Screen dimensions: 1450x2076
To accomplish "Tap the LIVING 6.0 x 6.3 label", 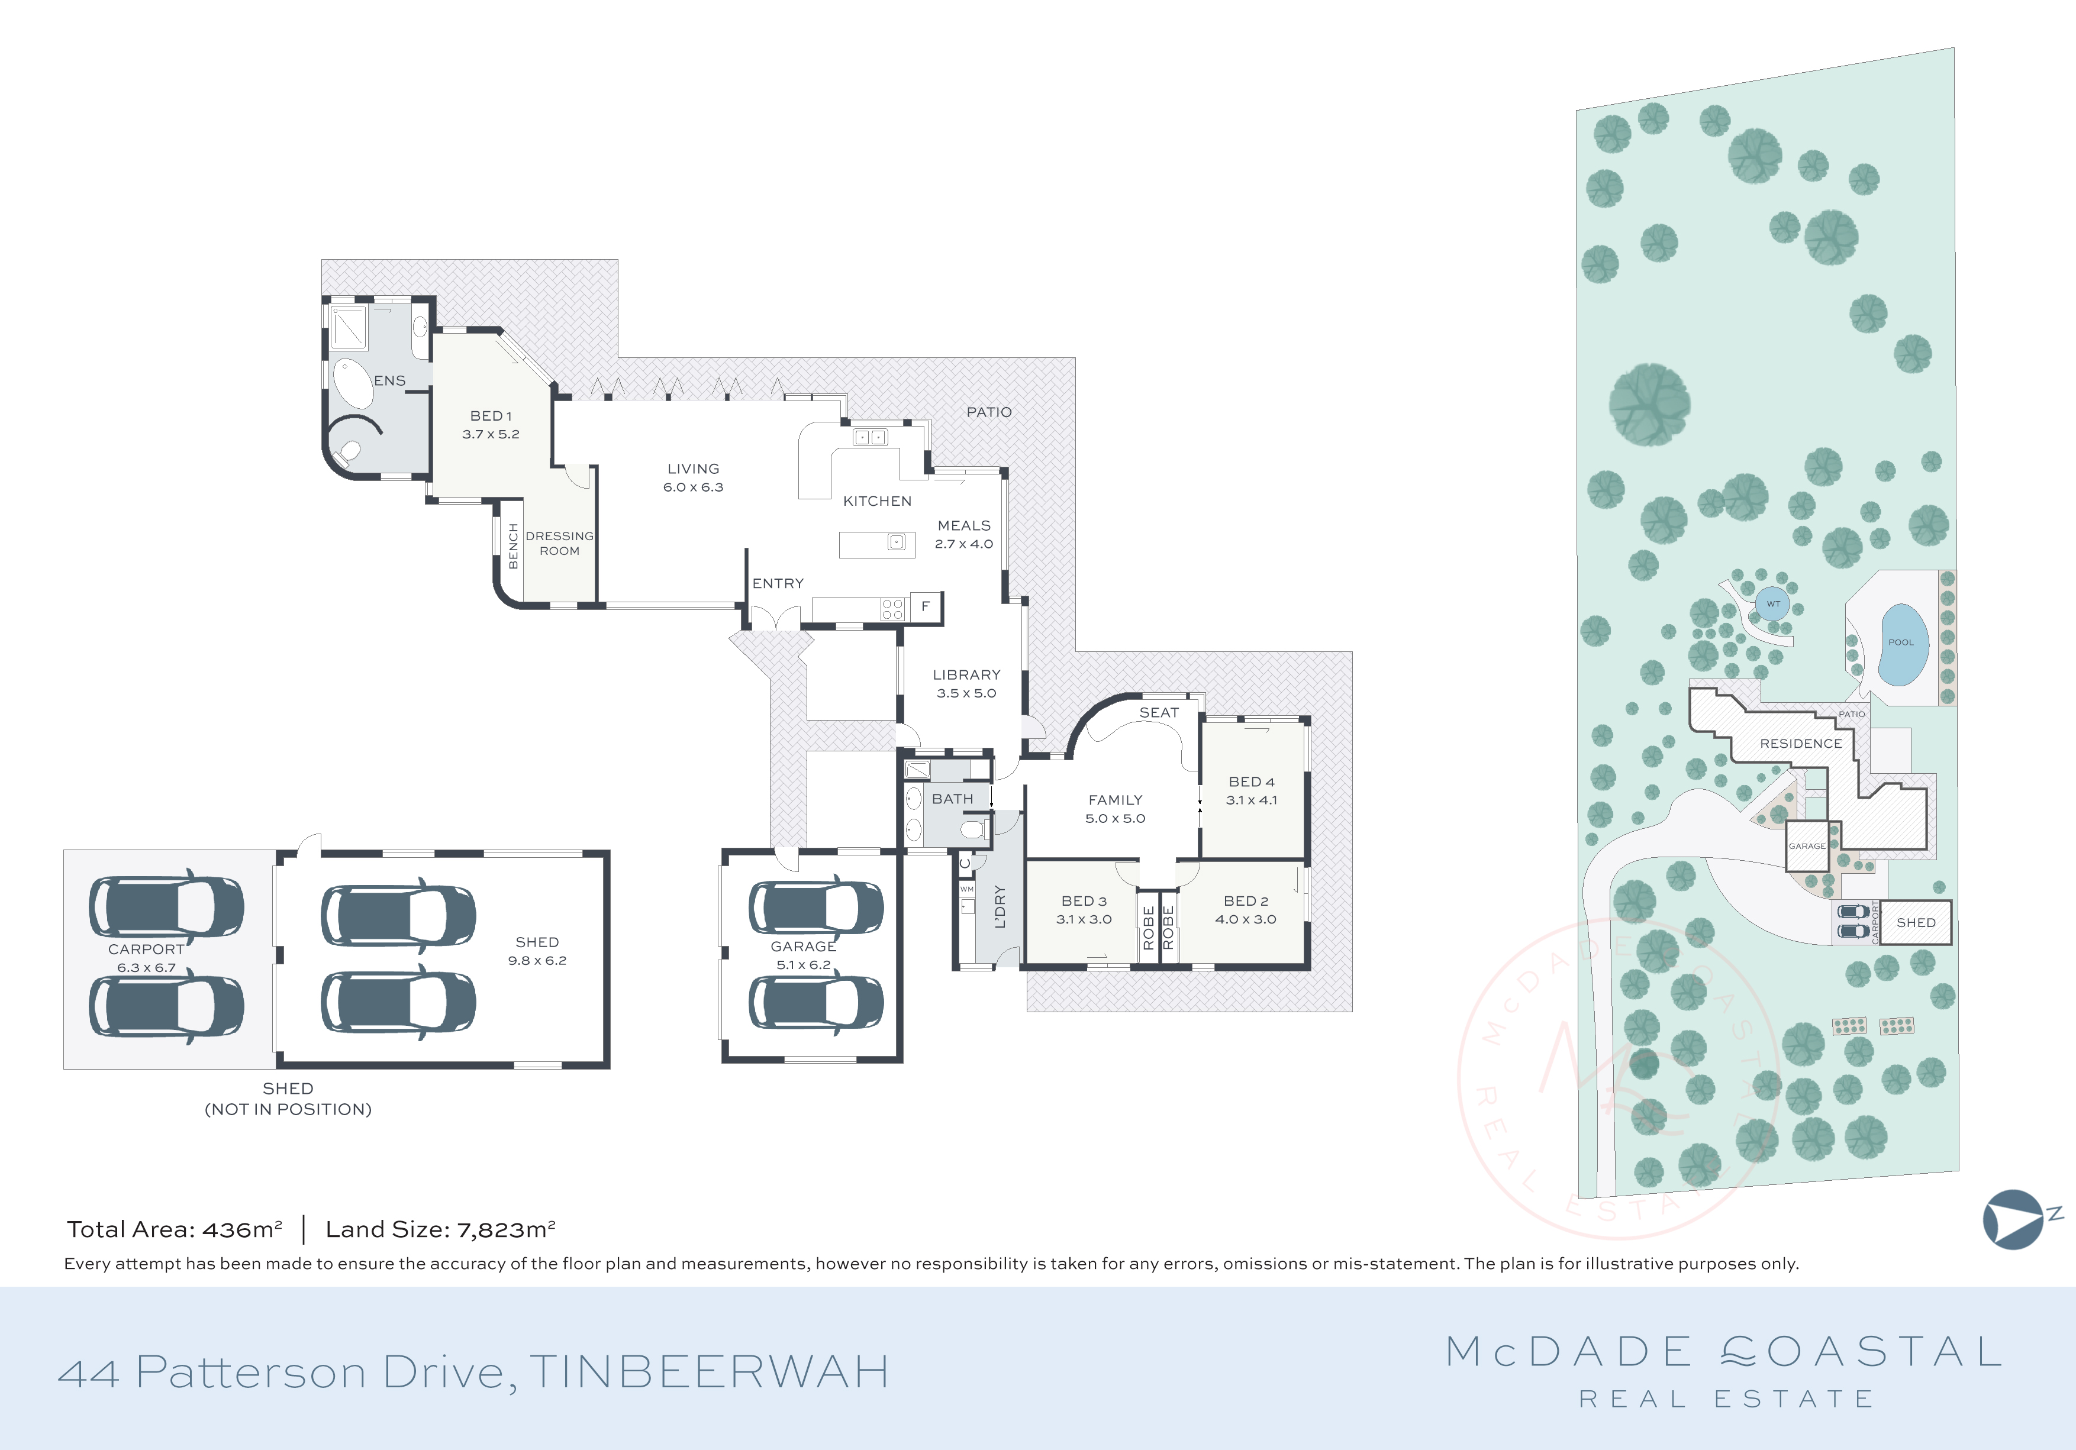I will pos(694,478).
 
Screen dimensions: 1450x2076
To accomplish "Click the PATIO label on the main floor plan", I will pos(988,412).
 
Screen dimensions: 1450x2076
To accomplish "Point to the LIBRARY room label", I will pos(966,675).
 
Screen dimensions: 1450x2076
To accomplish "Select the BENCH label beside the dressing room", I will pos(512,546).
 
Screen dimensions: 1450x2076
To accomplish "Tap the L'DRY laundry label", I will pos(999,907).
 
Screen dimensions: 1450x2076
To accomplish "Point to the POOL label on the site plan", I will pos(1901,642).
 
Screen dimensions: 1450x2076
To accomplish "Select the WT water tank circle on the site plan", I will pos(1773,604).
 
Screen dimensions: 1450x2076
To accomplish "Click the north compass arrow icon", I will pos(2014,1219).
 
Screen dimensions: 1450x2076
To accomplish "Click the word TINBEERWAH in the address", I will pos(709,1373).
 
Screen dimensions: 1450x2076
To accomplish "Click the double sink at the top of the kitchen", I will pos(870,438).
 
